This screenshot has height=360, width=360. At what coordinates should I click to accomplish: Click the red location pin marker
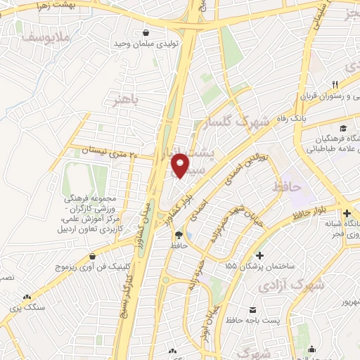coord(181,166)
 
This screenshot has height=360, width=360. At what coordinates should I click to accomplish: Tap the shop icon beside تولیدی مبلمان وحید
coord(146,32)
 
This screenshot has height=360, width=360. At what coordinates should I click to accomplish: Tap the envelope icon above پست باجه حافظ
coord(252,310)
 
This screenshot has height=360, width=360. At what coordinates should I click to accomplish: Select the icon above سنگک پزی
coord(27,297)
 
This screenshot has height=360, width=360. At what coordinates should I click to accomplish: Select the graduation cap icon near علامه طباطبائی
coord(342,128)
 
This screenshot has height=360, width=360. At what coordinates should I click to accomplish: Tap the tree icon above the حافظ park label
coord(178,235)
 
